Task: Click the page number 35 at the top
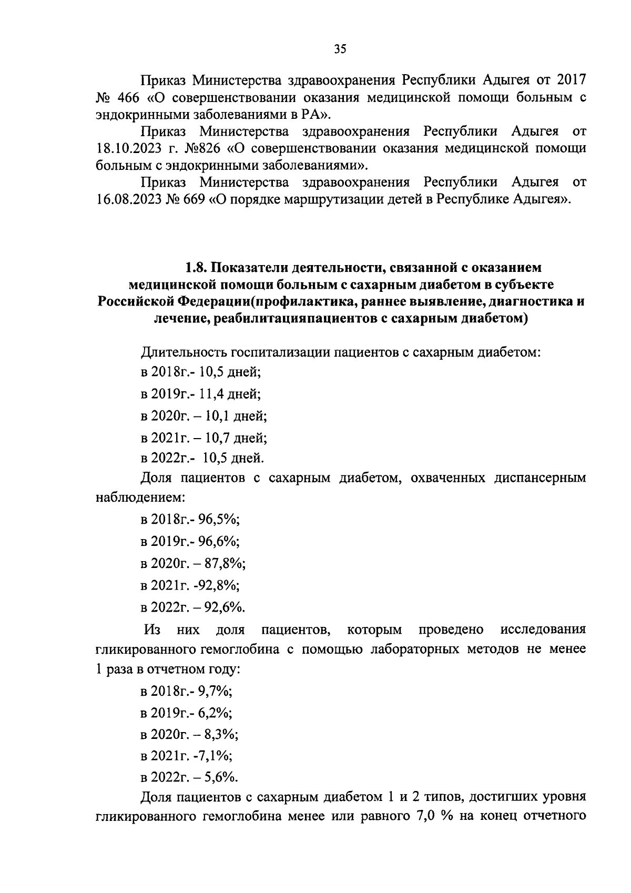click(x=340, y=49)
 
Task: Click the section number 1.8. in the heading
click(x=197, y=268)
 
